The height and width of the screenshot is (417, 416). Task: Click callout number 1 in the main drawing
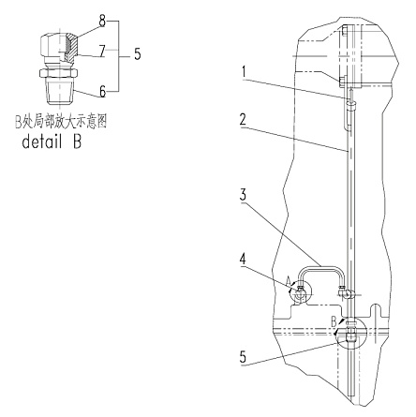pyautogui.click(x=245, y=72)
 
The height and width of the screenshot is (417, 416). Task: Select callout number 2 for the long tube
pyautogui.click(x=243, y=120)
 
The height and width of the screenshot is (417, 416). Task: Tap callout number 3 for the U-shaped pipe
pyautogui.click(x=243, y=194)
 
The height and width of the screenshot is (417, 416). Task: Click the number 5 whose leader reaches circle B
pyautogui.click(x=243, y=356)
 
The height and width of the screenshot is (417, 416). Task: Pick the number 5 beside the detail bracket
pyautogui.click(x=138, y=54)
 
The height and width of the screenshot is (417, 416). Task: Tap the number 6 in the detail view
pyautogui.click(x=103, y=92)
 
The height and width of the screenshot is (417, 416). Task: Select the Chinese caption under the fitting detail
pyautogui.click(x=61, y=122)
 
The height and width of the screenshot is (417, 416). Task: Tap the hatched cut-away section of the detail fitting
pyautogui.click(x=71, y=47)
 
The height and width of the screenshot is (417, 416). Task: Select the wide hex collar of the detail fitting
pyautogui.click(x=58, y=72)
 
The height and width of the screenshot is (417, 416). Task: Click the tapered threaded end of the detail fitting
pyautogui.click(x=59, y=91)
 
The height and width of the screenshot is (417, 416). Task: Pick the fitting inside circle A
pyautogui.click(x=300, y=291)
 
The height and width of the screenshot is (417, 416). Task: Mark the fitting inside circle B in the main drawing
pyautogui.click(x=350, y=333)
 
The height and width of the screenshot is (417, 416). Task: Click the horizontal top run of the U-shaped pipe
pyautogui.click(x=320, y=266)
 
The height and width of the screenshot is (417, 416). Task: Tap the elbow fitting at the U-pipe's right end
pyautogui.click(x=345, y=292)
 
